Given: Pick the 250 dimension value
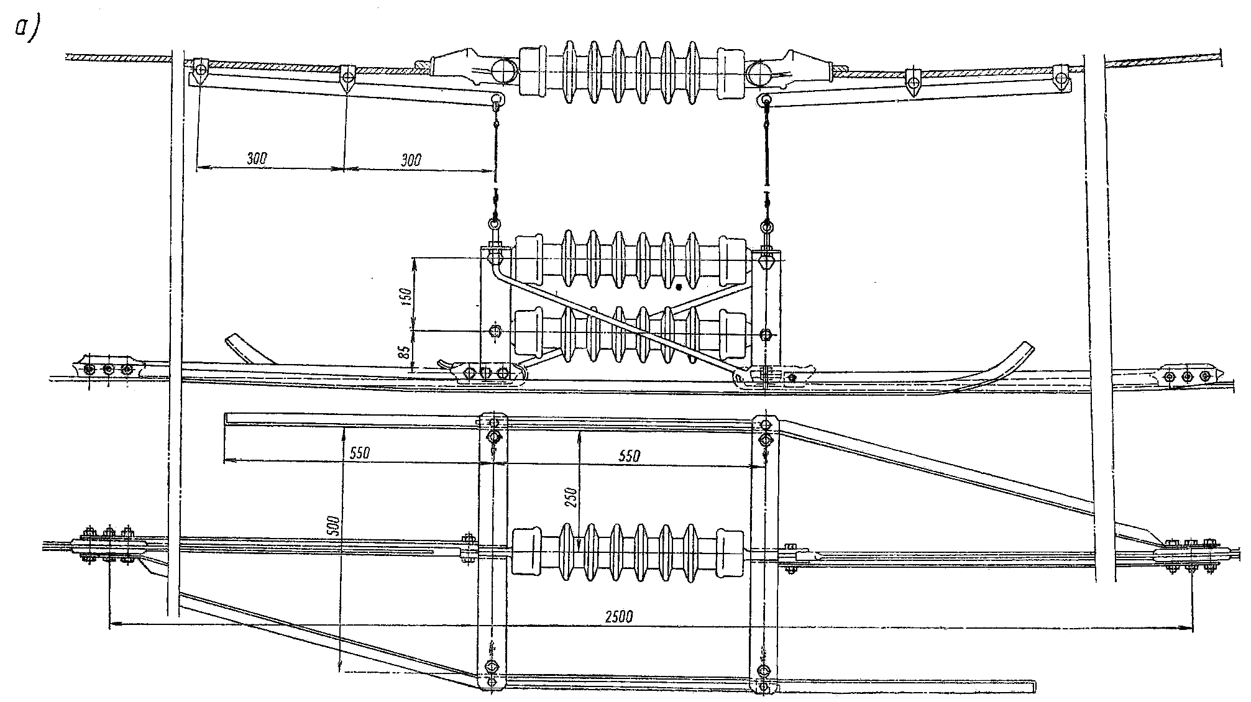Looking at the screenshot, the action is pos(572,498).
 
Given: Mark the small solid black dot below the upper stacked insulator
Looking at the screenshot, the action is pos(679,287).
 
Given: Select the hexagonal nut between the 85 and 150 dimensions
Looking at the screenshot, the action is pos(495,331).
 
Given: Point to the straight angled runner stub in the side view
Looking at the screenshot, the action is pos(248,349).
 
